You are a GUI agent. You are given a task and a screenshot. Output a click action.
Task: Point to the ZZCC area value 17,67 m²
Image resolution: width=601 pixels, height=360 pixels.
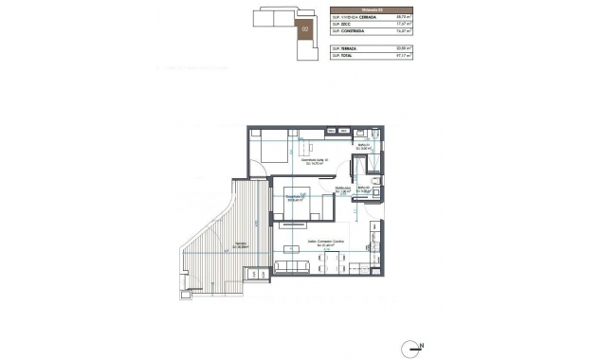pyautogui.click(x=401, y=26)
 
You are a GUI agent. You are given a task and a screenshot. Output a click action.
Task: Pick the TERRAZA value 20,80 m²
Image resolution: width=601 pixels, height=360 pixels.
pyautogui.click(x=401, y=47)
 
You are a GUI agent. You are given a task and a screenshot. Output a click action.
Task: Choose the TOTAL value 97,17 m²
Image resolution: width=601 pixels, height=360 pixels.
pyautogui.click(x=401, y=56)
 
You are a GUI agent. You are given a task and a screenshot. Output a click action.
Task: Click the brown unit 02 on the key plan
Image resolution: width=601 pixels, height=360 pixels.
pyautogui.click(x=305, y=29)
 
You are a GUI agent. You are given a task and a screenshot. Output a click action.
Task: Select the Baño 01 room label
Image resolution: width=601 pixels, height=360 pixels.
pyautogui.click(x=363, y=147)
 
